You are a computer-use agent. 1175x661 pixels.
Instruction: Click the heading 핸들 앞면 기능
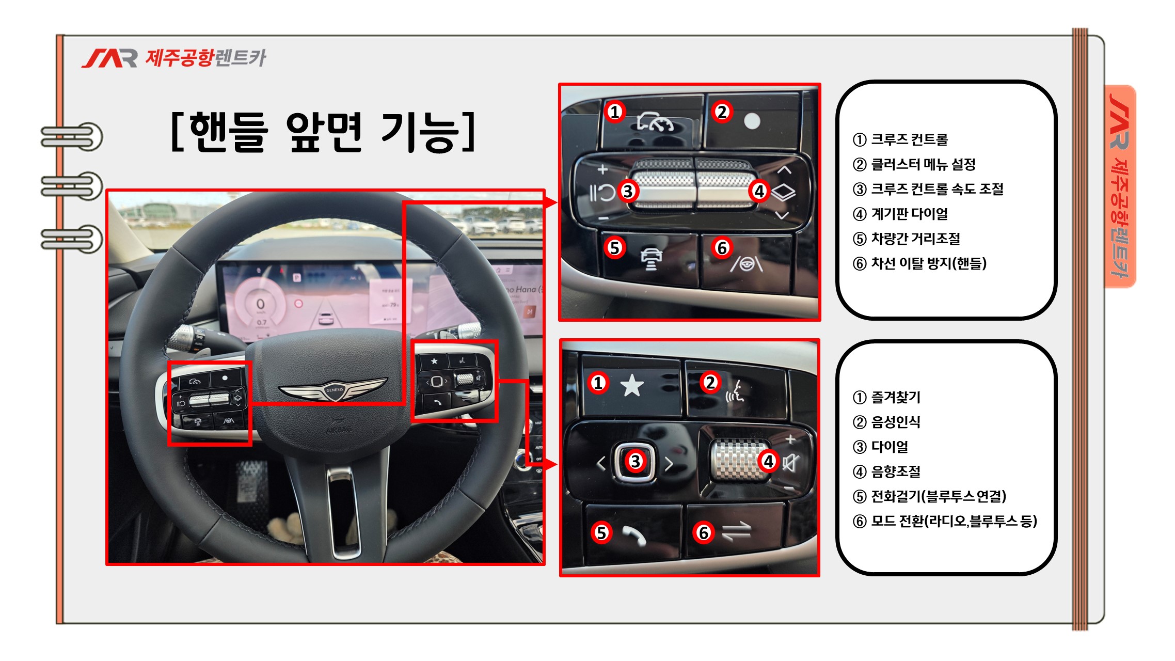coord(323,132)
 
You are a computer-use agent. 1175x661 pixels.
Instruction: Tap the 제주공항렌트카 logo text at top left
coord(205,58)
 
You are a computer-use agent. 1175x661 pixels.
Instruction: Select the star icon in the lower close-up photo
coord(632,386)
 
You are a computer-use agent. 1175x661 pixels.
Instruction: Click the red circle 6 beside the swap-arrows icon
coord(704,532)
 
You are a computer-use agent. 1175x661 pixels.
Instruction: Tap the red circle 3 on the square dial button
coord(636,461)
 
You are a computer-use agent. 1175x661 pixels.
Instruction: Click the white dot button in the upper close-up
coord(752,121)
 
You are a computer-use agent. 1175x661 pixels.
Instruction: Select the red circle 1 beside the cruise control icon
coord(614,112)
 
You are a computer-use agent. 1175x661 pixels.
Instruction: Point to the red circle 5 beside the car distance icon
coord(614,248)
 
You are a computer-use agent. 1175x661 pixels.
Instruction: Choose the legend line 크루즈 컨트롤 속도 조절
coord(928,189)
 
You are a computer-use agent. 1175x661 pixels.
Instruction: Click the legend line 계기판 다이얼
coord(900,214)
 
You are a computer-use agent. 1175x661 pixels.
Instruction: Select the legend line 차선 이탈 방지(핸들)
coord(919,263)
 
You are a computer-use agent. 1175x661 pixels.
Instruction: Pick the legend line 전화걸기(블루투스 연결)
coord(929,496)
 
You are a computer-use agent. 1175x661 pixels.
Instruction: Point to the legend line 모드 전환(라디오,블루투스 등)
coord(945,521)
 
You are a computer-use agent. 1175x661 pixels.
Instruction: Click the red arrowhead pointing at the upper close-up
coord(551,202)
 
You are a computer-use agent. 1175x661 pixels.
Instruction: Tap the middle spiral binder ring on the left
coord(72,186)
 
